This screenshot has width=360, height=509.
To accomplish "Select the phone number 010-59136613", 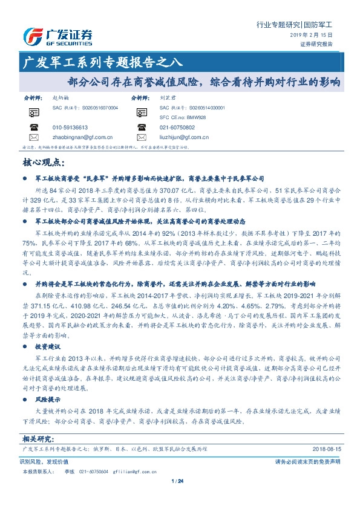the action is coord(70,128).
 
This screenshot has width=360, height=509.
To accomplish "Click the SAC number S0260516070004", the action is coord(97,107).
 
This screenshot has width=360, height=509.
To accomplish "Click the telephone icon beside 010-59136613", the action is coord(32,128).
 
